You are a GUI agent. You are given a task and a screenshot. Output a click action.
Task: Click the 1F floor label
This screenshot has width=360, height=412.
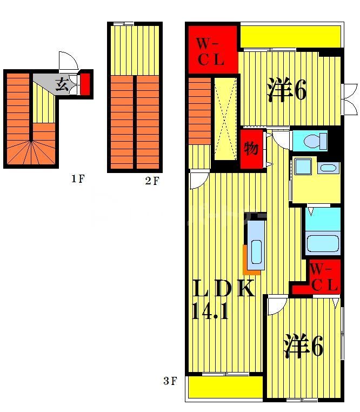click(78, 179)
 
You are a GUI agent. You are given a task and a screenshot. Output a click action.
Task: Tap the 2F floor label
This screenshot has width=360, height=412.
click(152, 181)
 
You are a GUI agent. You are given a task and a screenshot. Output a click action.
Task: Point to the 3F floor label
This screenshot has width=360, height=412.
click(170, 382)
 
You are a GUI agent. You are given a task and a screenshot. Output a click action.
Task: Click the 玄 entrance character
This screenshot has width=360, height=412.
click(62, 85)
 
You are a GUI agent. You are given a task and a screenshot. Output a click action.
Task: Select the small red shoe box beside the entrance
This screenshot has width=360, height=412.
click(85, 84)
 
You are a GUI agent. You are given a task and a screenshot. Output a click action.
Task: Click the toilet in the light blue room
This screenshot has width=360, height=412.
click(315, 141)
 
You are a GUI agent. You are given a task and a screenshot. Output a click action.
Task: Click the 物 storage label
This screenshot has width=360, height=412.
click(251, 148)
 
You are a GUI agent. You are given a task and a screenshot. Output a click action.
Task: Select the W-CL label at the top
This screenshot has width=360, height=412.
click(210, 51)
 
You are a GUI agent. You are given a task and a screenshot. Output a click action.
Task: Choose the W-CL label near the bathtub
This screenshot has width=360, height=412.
click(324, 277)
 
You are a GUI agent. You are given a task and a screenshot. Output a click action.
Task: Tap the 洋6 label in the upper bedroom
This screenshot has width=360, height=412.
click(286, 90)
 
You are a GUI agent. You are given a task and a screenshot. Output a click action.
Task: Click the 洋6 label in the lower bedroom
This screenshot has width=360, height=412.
click(304, 346)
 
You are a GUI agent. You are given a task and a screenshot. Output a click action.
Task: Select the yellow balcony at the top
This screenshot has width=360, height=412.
click(290, 36)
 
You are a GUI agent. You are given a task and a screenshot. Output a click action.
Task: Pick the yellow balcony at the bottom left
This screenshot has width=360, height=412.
click(224, 387)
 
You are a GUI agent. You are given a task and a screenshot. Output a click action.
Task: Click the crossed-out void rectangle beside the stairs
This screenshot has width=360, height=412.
click(225, 118)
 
